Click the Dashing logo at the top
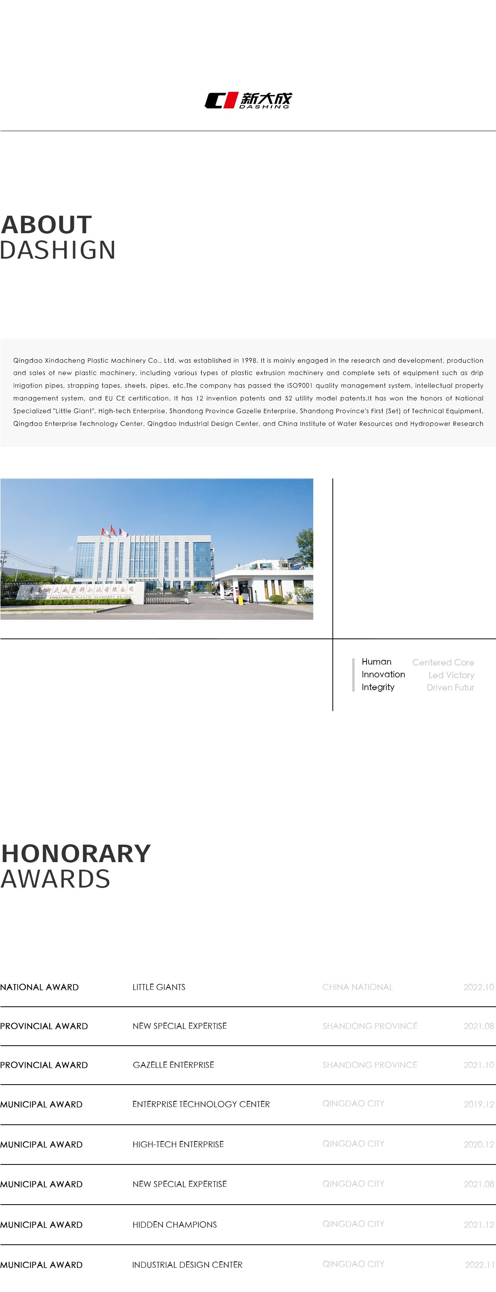coord(248,100)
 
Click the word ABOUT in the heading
coord(46,225)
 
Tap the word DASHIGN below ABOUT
coord(58,250)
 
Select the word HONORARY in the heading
coord(76,854)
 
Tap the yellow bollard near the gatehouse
coord(240,599)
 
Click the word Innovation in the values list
coord(383,675)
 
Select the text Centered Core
coord(443,663)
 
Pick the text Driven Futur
coord(450,688)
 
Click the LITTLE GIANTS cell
coord(158,987)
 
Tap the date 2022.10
coord(479,987)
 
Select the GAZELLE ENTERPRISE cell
coord(173,1065)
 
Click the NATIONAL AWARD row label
coord(40,987)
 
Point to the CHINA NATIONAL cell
coord(357,987)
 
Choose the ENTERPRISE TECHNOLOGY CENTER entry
coord(201,1104)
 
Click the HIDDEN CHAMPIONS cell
coord(174,1224)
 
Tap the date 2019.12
coord(479,1104)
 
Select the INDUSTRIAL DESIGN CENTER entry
coord(187,1265)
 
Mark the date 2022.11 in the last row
coord(479,1265)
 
